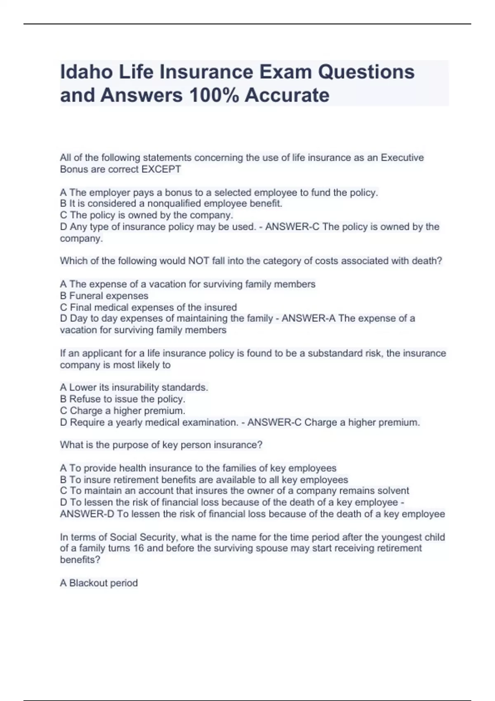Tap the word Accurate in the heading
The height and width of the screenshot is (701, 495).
click(x=287, y=95)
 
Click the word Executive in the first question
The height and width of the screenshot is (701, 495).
click(x=402, y=158)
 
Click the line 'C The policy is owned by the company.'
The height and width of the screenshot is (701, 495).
click(x=146, y=215)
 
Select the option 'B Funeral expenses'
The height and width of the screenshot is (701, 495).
click(x=104, y=296)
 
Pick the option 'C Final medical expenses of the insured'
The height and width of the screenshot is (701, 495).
click(x=148, y=307)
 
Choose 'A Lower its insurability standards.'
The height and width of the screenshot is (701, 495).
click(x=134, y=387)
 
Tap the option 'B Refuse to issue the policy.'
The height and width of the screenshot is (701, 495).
click(x=123, y=399)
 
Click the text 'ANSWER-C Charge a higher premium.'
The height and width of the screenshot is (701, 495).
click(x=333, y=422)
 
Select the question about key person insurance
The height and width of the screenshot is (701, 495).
click(x=161, y=445)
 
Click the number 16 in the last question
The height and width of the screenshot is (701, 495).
click(x=139, y=548)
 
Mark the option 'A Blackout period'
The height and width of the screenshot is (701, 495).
click(x=99, y=583)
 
